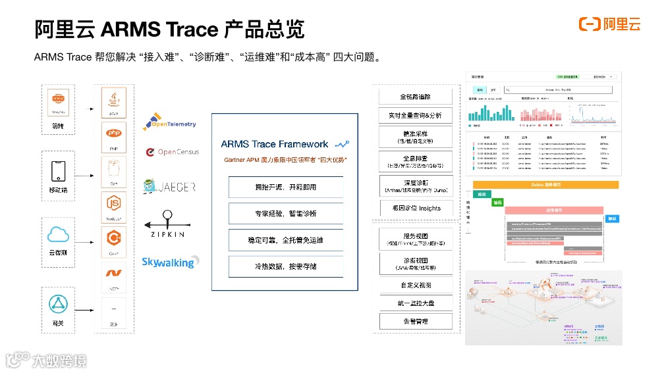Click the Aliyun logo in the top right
[609, 24]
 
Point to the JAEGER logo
[169, 187]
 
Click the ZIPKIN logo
[167, 224]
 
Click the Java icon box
[114, 103]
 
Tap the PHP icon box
[114, 137]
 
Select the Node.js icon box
[114, 205]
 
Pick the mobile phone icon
[59, 172]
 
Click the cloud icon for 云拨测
[59, 235]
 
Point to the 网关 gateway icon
[59, 304]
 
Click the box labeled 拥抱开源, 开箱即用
[285, 187]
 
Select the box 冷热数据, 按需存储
[285, 266]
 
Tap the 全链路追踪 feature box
[416, 97]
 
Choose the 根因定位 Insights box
[416, 208]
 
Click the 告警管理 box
[416, 321]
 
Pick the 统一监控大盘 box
[416, 303]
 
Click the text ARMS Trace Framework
[275, 144]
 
